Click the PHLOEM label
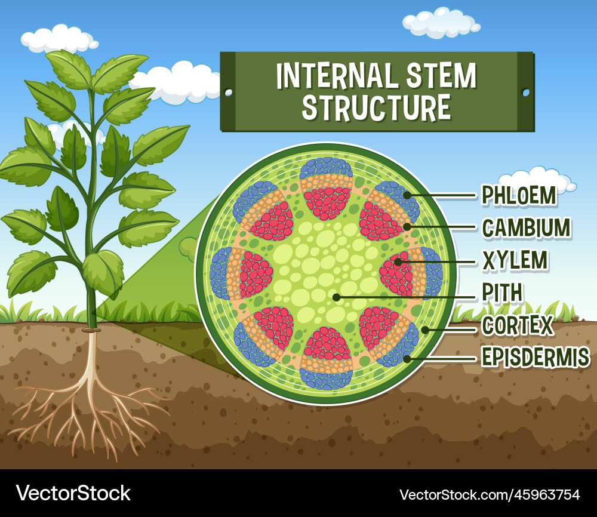(519, 195)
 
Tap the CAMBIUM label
(526, 227)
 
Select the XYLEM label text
(515, 260)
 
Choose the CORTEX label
(517, 326)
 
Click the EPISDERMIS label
(536, 358)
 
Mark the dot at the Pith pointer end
(337, 296)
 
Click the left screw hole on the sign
(228, 92)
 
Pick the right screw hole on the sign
(525, 93)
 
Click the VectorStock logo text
(73, 493)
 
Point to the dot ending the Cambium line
(407, 227)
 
